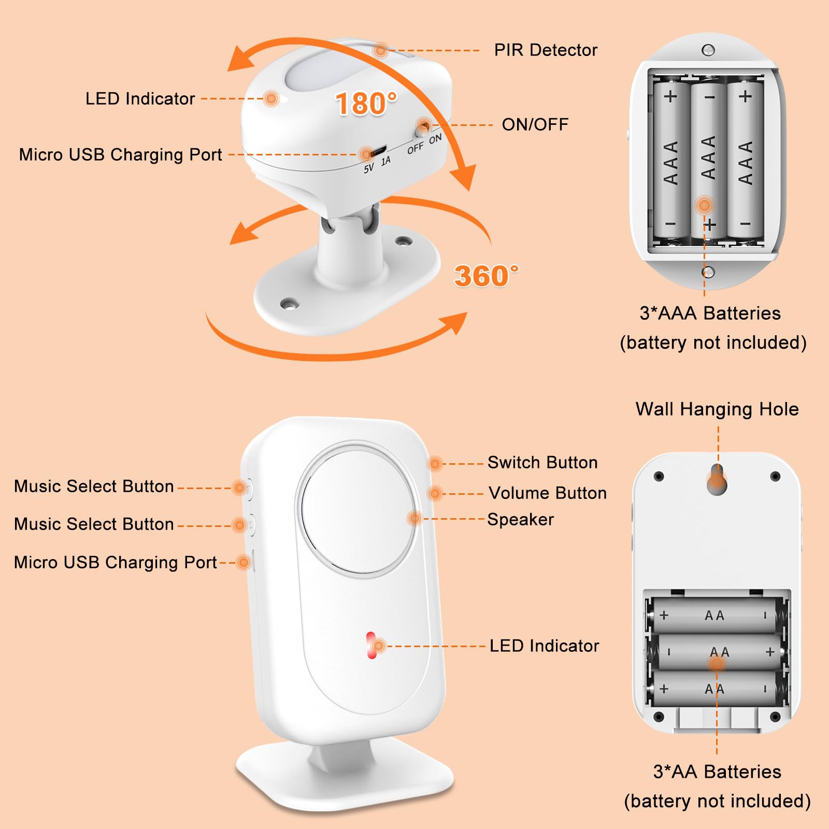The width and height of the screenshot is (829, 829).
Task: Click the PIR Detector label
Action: [545, 50]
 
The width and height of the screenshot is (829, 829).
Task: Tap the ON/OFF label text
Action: [535, 125]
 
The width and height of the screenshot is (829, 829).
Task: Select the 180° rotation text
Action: [366, 104]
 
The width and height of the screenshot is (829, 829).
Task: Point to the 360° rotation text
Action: [485, 276]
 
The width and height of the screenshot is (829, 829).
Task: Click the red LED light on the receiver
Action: [371, 645]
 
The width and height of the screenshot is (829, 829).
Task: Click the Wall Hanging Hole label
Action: [717, 409]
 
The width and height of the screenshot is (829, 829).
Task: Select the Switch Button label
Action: [542, 463]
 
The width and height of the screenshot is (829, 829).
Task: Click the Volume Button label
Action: [548, 493]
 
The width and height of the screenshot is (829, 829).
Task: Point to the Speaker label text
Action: [520, 520]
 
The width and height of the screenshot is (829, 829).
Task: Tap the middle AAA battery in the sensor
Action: [708, 158]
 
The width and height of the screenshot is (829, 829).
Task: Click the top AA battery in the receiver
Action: [715, 616]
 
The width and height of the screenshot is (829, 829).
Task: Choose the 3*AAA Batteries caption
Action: [710, 313]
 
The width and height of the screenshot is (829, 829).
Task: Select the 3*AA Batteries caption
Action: [717, 772]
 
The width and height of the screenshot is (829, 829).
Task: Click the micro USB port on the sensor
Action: [377, 152]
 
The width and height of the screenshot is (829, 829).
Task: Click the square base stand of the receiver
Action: [345, 777]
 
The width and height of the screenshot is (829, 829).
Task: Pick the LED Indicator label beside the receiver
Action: [544, 646]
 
